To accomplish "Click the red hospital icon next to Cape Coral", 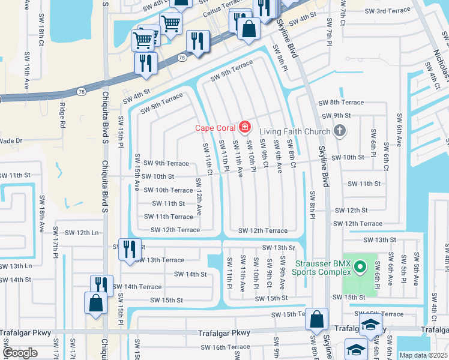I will coord(244,127).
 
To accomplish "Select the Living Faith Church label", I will coord(295,131).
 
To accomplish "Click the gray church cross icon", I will coord(340,131).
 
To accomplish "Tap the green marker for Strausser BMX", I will coord(360,266).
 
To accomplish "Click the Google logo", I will coord(20,353).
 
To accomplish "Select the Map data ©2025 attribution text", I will coord(423,355).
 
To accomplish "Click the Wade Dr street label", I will coord(10,140).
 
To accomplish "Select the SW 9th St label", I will coord(336,115).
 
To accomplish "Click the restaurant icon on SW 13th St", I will coord(129,249).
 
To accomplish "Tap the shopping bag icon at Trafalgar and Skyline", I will coord(316,319).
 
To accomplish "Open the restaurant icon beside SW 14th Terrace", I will coord(101,285).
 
